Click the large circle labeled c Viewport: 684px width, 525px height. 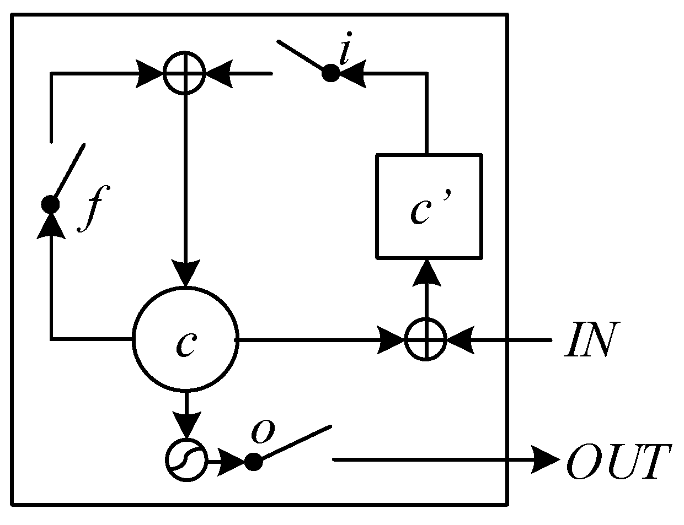click(x=185, y=339)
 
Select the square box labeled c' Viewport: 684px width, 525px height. click(x=429, y=206)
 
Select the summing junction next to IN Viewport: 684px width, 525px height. click(x=425, y=339)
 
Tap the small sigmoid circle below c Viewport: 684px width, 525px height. click(x=186, y=460)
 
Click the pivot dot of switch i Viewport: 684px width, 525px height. click(x=330, y=73)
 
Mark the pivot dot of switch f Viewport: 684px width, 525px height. click(x=51, y=204)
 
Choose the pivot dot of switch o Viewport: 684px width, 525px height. click(x=253, y=461)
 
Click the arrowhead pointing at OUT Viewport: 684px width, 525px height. click(x=546, y=459)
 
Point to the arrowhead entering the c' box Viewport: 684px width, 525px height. click(x=426, y=272)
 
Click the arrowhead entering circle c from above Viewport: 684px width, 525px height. click(x=185, y=273)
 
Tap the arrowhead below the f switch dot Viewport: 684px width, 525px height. click(x=51, y=226)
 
